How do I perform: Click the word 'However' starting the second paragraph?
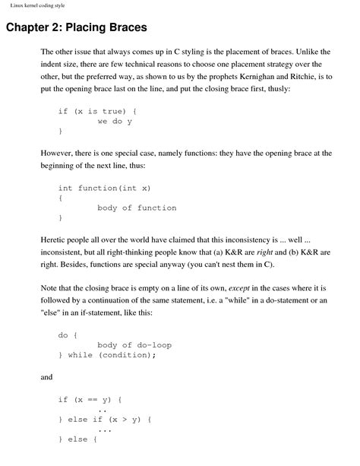59,153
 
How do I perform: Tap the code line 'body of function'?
137,208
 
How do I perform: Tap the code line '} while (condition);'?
106,355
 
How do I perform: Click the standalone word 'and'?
46,376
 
